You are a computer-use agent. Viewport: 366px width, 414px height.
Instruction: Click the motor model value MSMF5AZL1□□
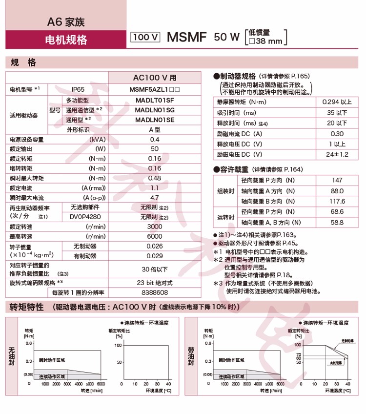click(x=155, y=90)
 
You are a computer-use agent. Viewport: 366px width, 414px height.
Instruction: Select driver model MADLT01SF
click(x=155, y=100)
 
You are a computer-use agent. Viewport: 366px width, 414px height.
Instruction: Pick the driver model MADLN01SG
click(x=155, y=110)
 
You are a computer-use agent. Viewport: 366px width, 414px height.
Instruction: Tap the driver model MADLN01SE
click(x=155, y=120)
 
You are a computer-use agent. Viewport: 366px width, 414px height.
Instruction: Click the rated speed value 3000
click(x=155, y=227)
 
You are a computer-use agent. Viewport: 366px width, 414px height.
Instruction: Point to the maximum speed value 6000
click(x=155, y=236)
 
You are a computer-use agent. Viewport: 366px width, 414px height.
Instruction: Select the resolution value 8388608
click(x=155, y=292)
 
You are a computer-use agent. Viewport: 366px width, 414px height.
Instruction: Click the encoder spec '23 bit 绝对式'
click(x=155, y=283)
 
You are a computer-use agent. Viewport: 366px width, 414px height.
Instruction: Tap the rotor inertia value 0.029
click(x=155, y=256)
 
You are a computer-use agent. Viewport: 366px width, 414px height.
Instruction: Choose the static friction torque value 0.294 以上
click(x=337, y=102)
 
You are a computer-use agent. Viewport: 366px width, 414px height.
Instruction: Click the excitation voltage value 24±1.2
click(x=337, y=154)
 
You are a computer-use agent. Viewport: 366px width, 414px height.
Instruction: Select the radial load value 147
click(x=337, y=180)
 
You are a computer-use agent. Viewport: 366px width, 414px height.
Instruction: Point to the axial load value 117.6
click(x=337, y=201)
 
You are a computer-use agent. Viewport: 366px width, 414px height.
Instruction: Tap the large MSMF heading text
click(x=187, y=37)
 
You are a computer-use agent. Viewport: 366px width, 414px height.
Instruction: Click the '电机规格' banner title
click(x=66, y=40)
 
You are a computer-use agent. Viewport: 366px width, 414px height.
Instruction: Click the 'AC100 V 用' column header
click(x=155, y=78)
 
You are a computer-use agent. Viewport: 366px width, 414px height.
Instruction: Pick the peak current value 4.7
click(x=155, y=198)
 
